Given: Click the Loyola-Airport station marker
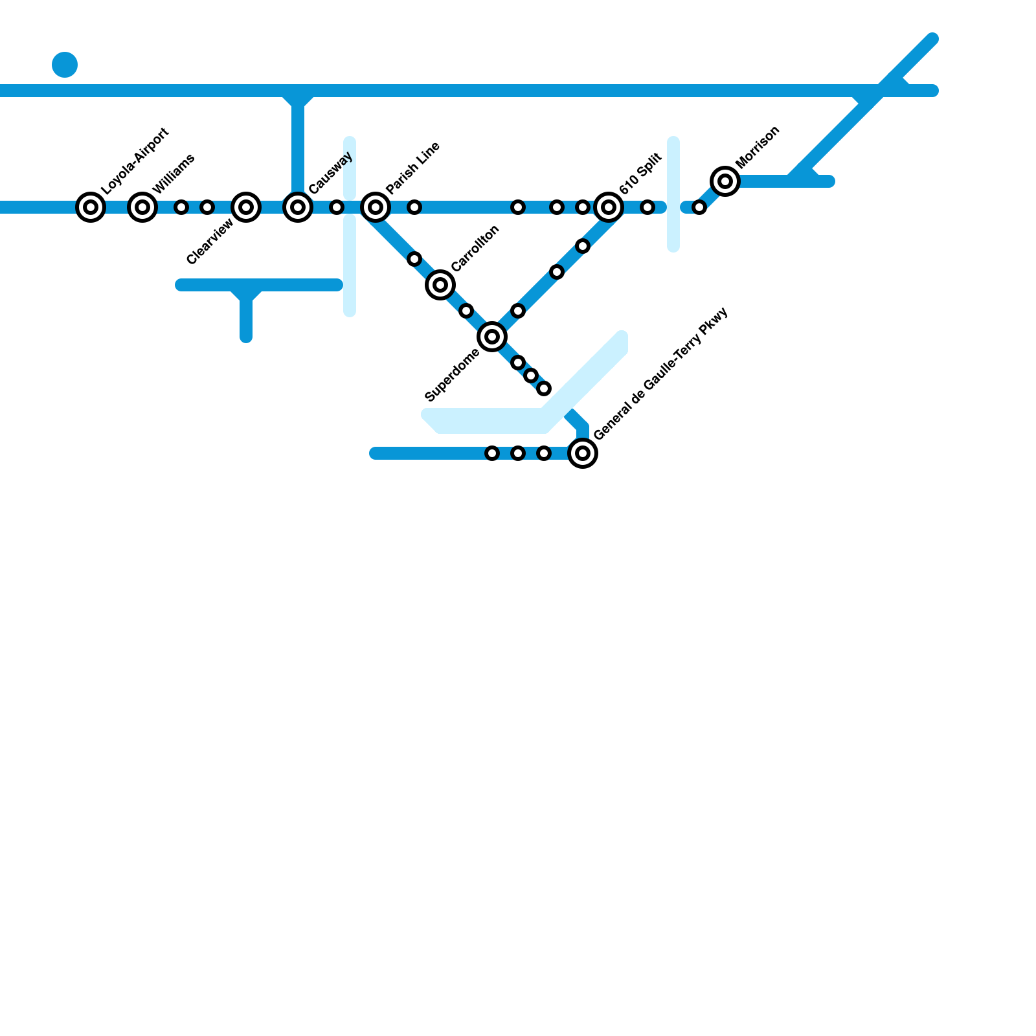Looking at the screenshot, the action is pos(91,207).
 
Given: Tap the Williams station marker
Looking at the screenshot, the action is pos(142,207).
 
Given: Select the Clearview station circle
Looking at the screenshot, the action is pos(246,207).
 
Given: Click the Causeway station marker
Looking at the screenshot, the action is pos(298,207).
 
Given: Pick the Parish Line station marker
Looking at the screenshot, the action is pos(376,207).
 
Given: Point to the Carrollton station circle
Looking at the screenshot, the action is pos(440,285).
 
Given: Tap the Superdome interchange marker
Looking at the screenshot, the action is pos(492,337).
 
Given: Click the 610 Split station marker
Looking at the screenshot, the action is pos(609,207).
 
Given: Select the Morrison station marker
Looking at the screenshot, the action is pos(725,181).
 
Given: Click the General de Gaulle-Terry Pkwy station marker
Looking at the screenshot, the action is pos(583,453).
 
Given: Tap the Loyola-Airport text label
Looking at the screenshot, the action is pos(135,161).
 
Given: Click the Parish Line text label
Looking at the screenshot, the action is pos(413,167).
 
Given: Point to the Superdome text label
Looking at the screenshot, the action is pos(452,375).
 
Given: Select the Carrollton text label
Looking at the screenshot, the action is pos(475,248).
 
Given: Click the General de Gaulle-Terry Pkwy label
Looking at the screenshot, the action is pos(661,374).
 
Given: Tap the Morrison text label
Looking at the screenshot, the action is pos(758,148).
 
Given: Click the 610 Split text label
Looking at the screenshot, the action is pos(640,174).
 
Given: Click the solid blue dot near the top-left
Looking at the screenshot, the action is pos(65,65).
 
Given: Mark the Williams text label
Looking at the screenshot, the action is pos(174,174).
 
